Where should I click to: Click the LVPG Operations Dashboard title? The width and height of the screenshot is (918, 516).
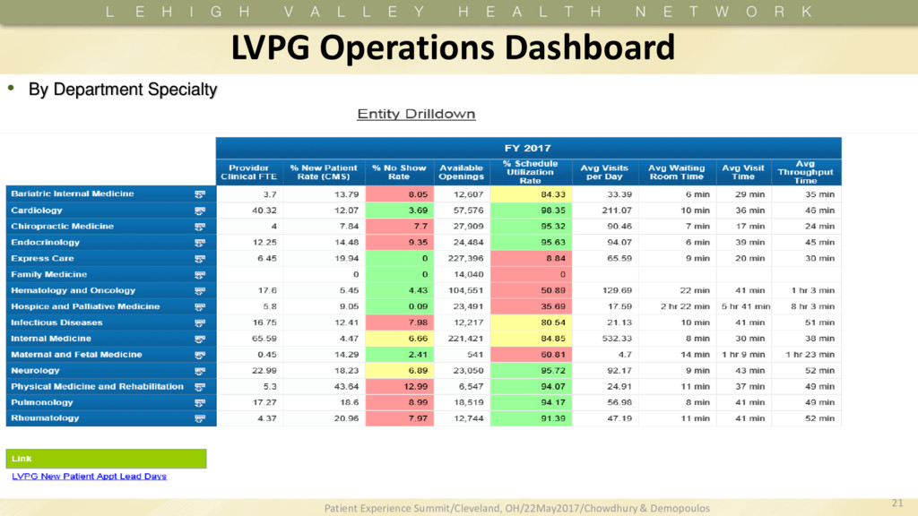tap(453, 47)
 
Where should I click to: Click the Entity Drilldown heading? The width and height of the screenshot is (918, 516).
tap(416, 114)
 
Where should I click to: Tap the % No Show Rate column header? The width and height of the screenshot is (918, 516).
tap(399, 172)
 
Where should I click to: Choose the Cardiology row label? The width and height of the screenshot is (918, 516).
tap(37, 210)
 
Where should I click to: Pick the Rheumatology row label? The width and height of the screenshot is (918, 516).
tap(45, 418)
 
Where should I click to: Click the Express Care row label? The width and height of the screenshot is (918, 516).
tap(42, 258)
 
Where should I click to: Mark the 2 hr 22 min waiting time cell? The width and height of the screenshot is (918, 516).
tap(680, 306)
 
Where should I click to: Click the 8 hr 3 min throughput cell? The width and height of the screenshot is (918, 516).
tap(813, 306)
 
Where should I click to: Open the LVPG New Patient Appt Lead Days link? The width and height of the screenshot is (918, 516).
tap(89, 477)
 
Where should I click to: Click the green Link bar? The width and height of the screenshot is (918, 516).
tap(107, 459)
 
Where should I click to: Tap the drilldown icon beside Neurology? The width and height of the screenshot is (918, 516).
tap(200, 371)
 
